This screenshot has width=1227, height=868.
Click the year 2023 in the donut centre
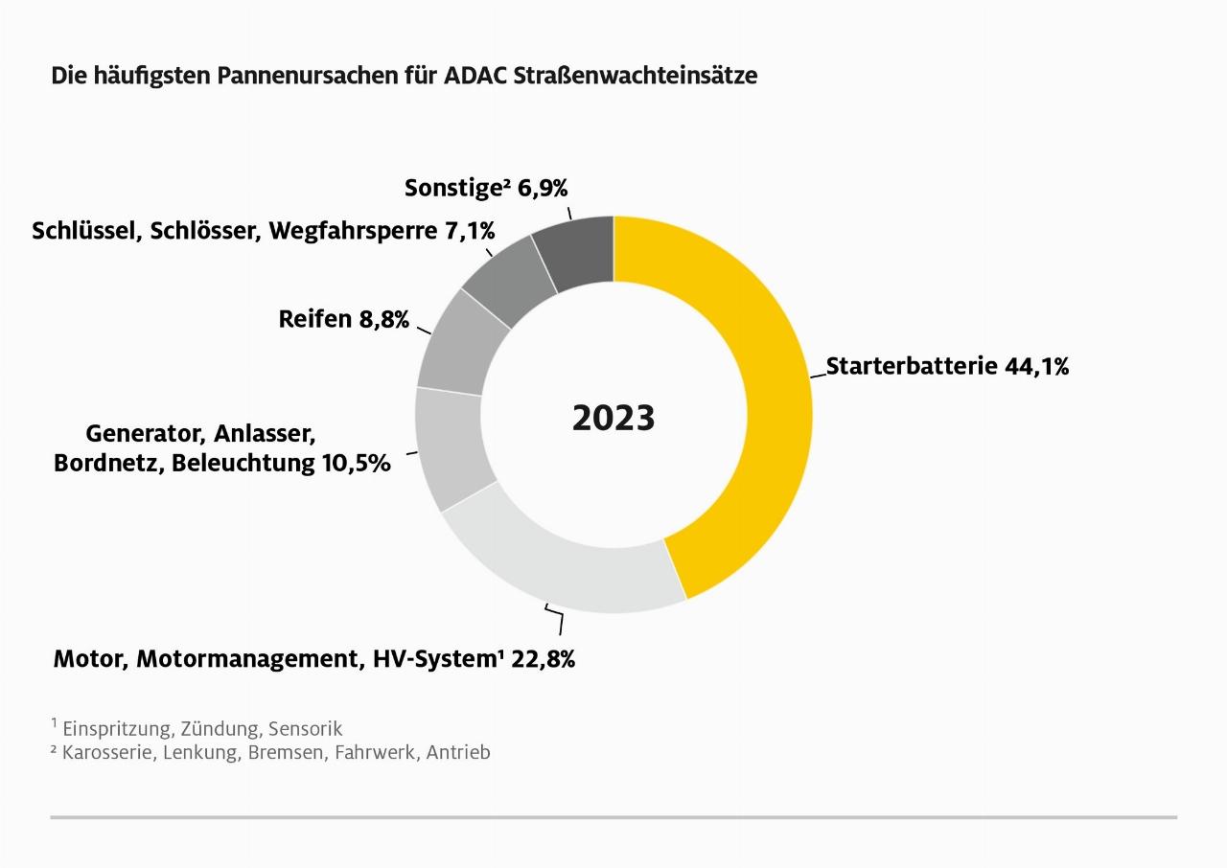tap(613, 419)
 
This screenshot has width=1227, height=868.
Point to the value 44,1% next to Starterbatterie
tap(1036, 366)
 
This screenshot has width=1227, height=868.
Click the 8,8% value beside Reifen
tap(383, 319)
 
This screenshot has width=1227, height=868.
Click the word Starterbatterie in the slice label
tap(912, 366)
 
